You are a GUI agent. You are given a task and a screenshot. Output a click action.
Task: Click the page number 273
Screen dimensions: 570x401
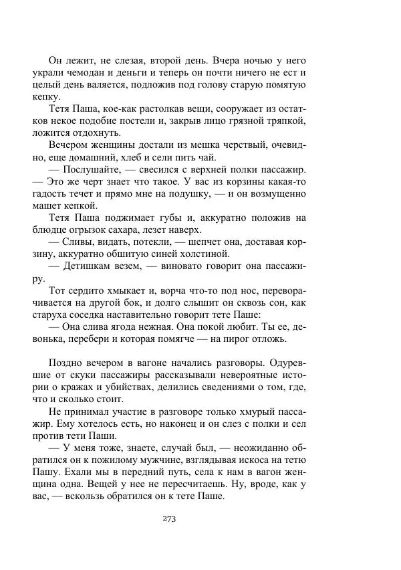click(x=169, y=518)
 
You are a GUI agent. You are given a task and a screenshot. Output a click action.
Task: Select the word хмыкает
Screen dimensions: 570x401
click(x=128, y=293)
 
